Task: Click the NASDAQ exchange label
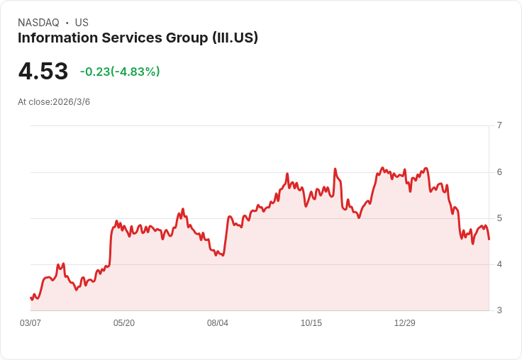(x=38, y=23)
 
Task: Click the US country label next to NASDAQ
(x=82, y=23)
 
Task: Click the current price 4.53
(x=43, y=72)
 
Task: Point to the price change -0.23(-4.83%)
(x=120, y=72)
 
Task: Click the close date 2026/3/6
(x=72, y=102)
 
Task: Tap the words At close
(x=34, y=102)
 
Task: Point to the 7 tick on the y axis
(x=499, y=125)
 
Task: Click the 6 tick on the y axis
(x=499, y=172)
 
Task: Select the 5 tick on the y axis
(x=499, y=218)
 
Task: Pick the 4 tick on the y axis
(x=499, y=264)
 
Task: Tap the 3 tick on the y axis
(x=499, y=310)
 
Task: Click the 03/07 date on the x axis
(x=30, y=323)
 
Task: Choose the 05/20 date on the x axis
(x=124, y=323)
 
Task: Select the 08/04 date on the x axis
(x=218, y=323)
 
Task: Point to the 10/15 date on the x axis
(x=311, y=323)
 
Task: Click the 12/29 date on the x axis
(x=405, y=323)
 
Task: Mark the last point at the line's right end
(x=489, y=240)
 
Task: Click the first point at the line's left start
(x=30, y=298)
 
